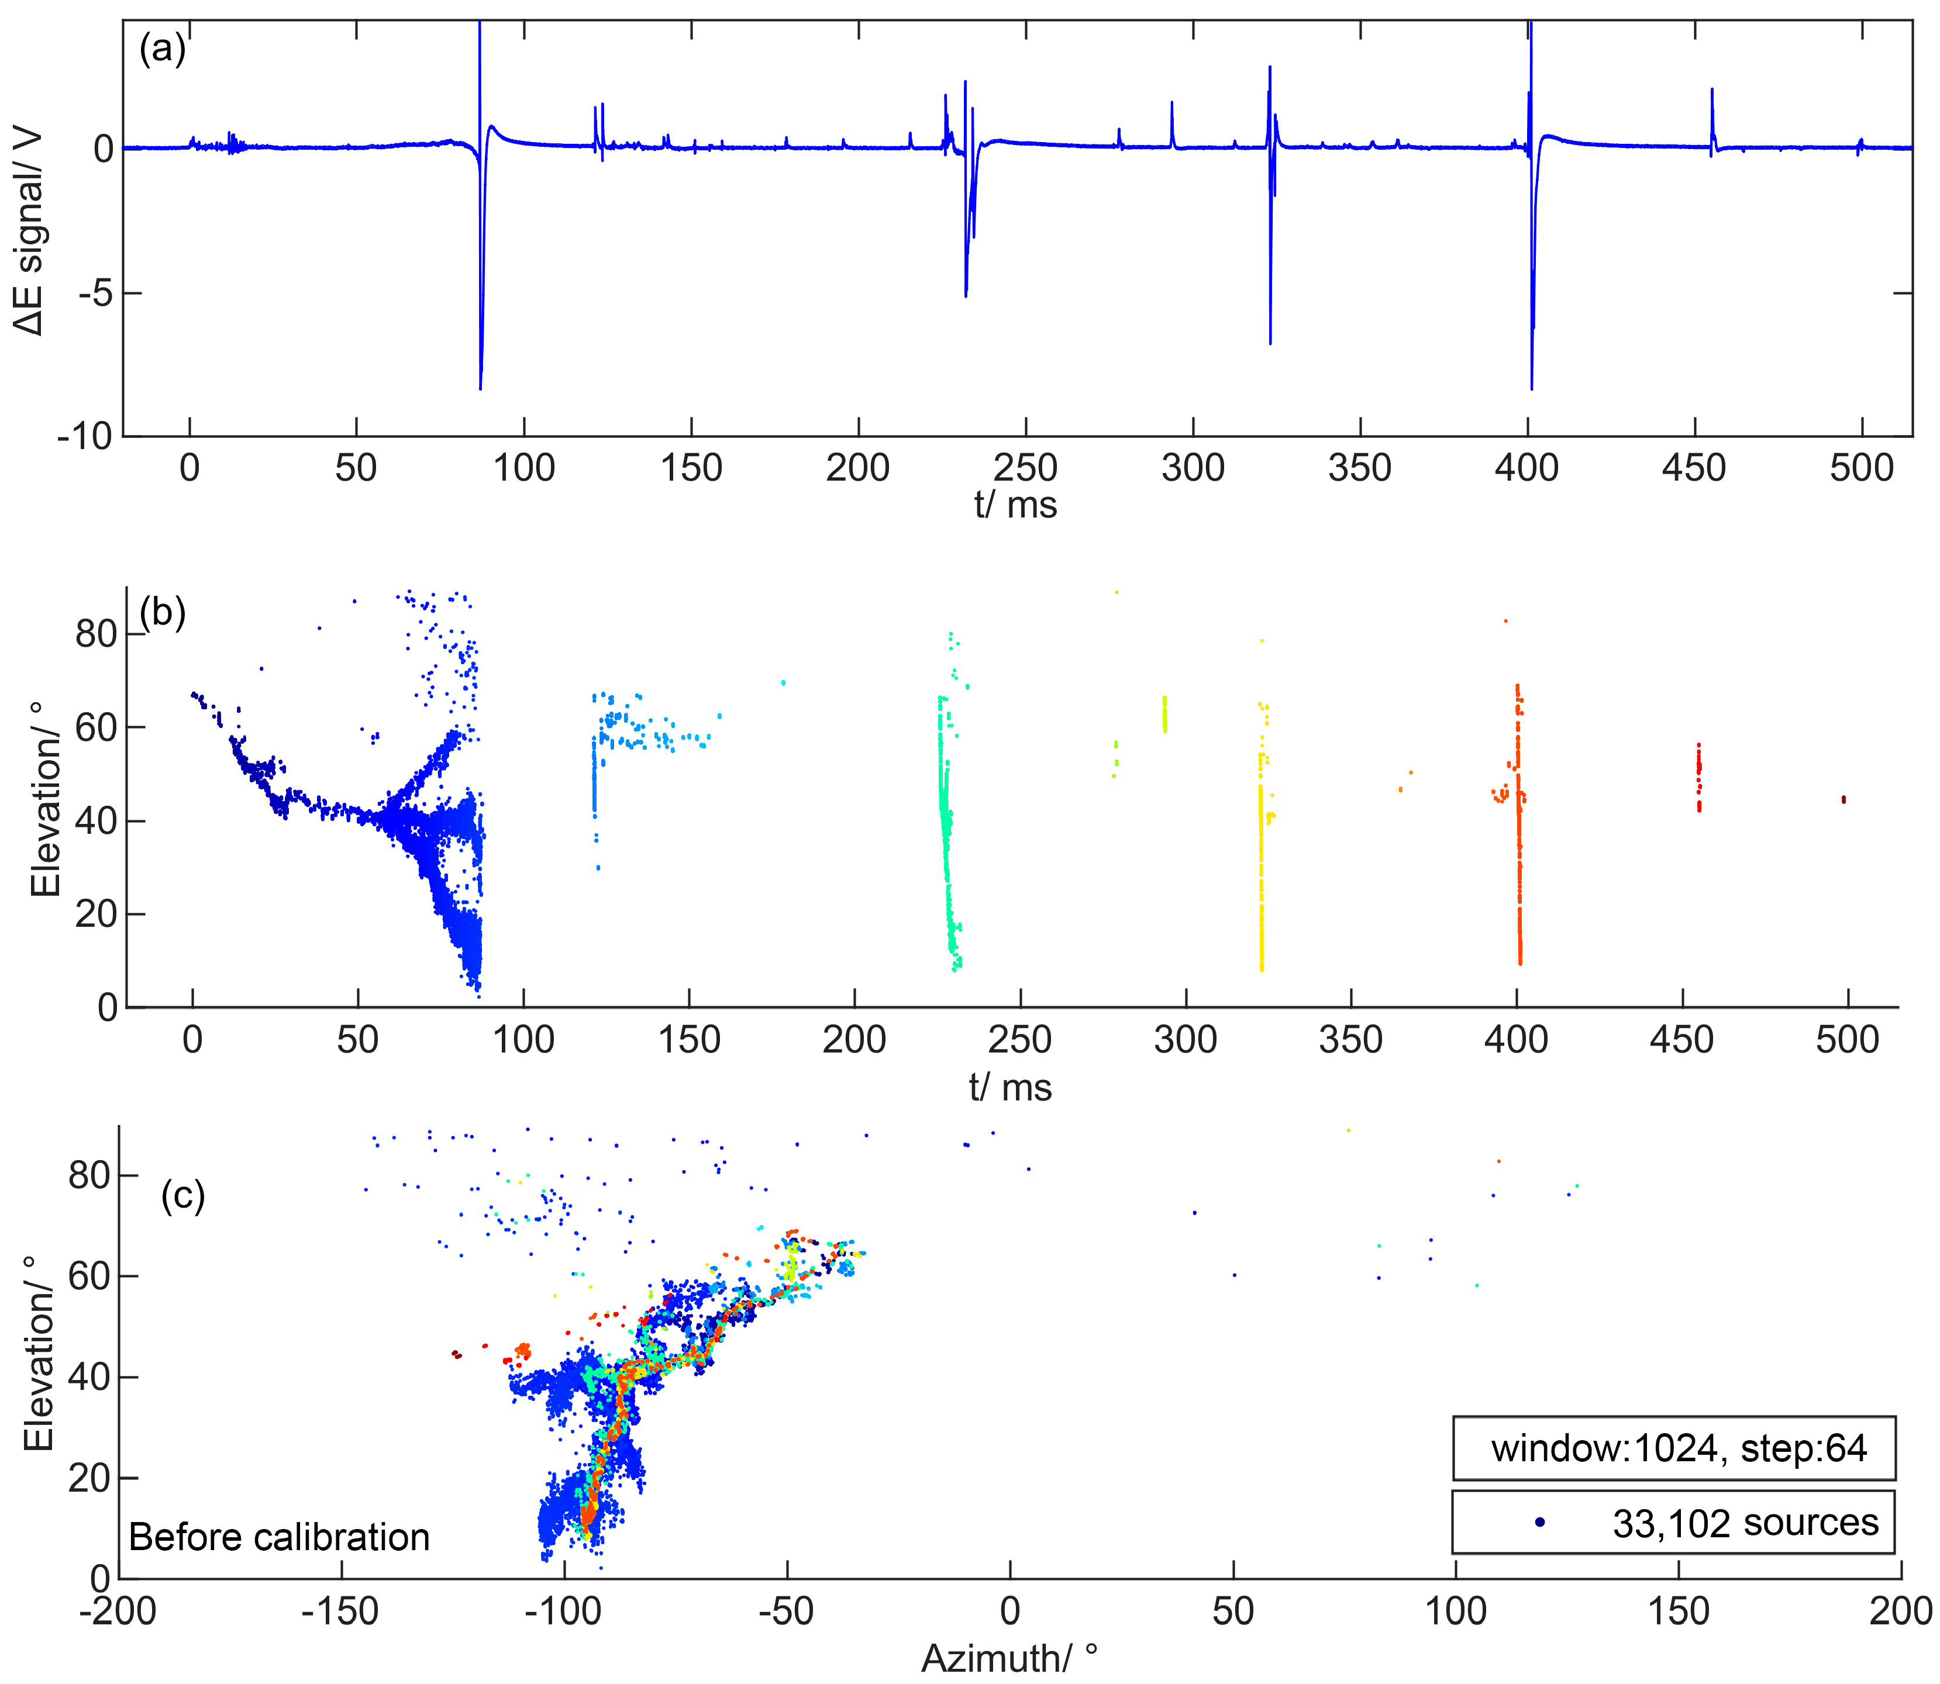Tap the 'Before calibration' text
coord(279,1537)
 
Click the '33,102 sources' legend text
coord(1745,1523)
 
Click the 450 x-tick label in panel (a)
coord(1694,467)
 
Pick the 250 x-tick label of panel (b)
coord(1020,1040)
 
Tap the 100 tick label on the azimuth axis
coord(1455,1611)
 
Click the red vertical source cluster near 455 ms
coord(1698,777)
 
